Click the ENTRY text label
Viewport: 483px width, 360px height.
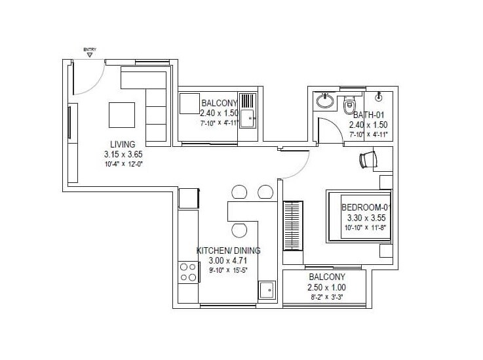pos(90,49)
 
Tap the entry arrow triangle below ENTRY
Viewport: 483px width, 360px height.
pos(90,56)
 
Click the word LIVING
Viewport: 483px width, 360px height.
pos(123,144)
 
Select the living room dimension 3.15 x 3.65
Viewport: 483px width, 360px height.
pos(123,154)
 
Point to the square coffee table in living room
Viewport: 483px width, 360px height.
pos(123,115)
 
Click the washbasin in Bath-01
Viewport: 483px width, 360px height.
pos(324,101)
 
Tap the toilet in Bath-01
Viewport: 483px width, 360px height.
pos(349,104)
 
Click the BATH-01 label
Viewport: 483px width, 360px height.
pos(368,114)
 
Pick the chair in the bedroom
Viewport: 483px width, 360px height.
pos(368,159)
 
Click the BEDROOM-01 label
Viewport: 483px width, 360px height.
pos(366,208)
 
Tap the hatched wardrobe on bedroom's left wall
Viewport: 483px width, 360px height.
pos(292,225)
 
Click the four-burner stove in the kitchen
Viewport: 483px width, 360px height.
pos(189,271)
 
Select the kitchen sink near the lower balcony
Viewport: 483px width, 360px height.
pos(266,290)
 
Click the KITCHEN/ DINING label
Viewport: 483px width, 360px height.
pos(229,250)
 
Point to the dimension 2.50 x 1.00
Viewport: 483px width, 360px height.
pos(326,287)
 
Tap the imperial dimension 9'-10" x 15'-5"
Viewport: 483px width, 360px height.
pos(229,269)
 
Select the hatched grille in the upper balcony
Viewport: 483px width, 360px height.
pos(247,101)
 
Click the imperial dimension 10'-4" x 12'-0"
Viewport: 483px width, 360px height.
pos(123,164)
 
